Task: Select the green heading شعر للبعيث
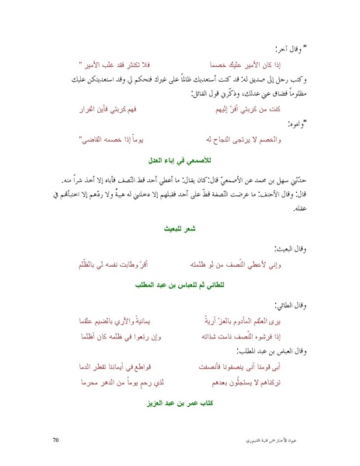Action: tap(180, 231)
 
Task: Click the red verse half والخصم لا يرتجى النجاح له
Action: tap(230, 138)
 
